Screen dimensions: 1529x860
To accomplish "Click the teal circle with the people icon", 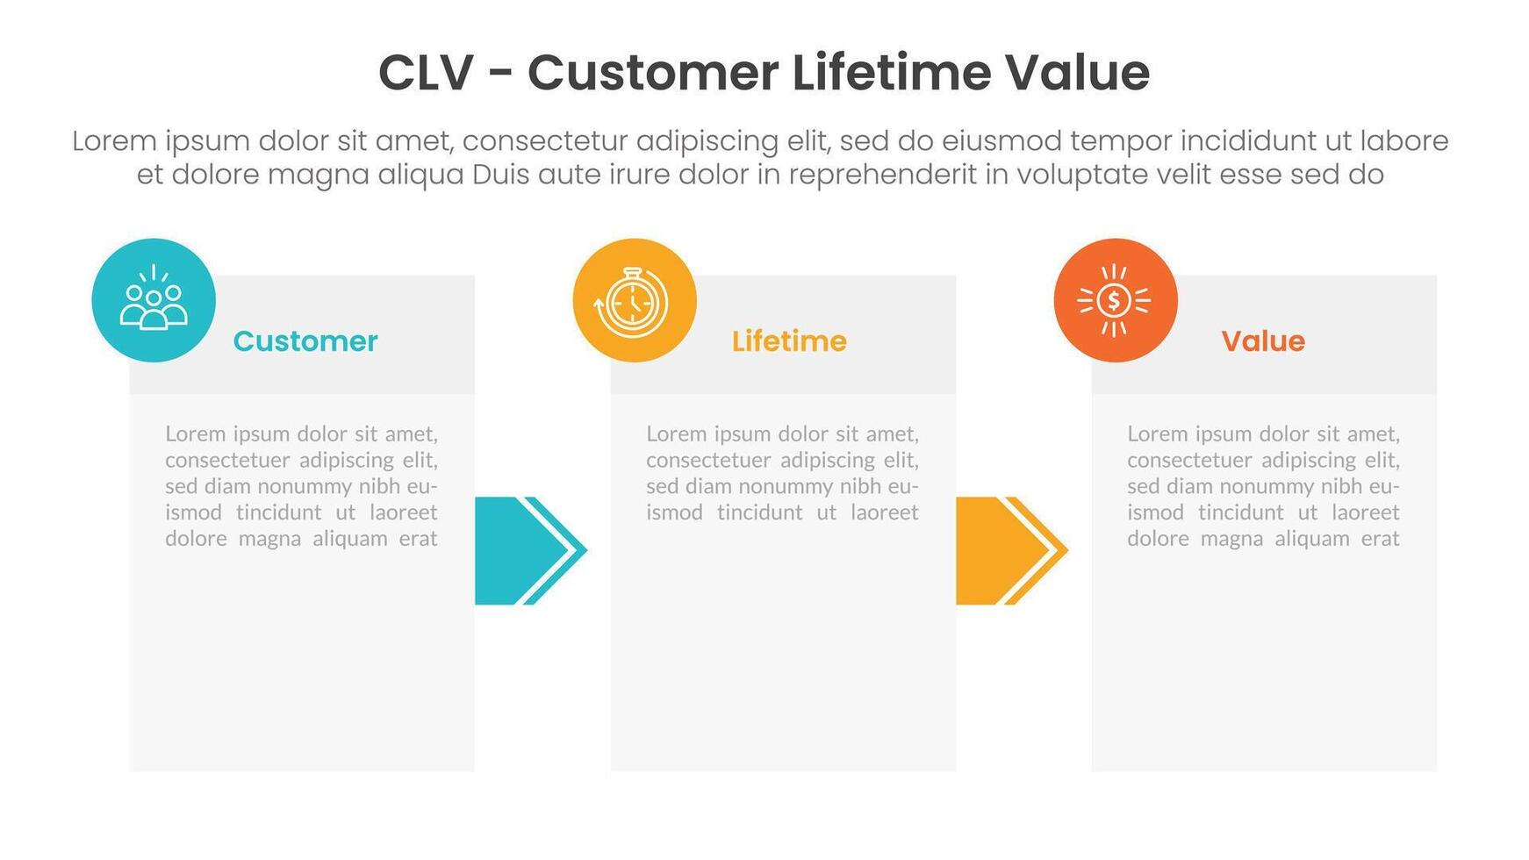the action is click(154, 300).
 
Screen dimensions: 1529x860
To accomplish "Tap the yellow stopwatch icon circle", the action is click(635, 300).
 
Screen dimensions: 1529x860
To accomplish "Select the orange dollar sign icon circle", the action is click(1116, 300).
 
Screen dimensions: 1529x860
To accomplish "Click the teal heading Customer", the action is click(305, 341).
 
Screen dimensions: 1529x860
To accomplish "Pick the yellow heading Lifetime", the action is click(789, 341).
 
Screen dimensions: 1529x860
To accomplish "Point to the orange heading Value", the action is click(1263, 341).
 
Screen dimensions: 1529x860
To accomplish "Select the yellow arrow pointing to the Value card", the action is click(1011, 551).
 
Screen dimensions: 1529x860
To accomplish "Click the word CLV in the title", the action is click(426, 73).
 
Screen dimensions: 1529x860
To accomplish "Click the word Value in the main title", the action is click(1077, 73).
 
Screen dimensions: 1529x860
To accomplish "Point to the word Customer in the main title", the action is click(652, 73).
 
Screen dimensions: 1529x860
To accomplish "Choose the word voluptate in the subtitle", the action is click(1083, 176).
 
